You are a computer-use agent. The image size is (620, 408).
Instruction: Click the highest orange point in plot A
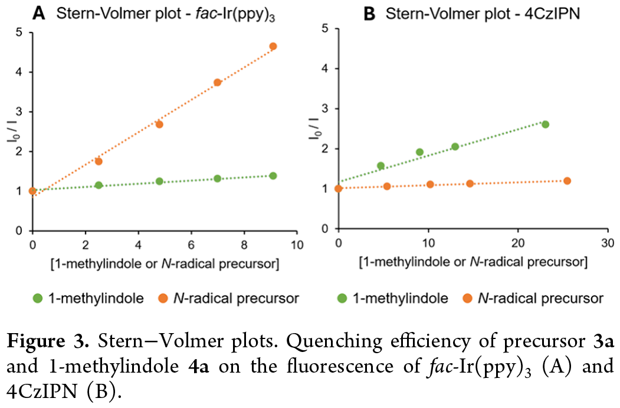point(273,46)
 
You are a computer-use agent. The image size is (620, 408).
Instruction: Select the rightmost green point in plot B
point(545,124)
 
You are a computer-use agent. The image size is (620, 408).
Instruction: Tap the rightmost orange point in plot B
point(567,180)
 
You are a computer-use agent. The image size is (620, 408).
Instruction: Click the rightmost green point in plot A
point(273,176)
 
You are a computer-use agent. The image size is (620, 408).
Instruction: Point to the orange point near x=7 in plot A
point(217,83)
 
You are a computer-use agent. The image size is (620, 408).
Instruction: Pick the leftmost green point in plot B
point(380,166)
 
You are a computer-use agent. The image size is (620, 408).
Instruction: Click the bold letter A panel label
point(40,13)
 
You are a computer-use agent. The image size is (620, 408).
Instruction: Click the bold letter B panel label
point(369,13)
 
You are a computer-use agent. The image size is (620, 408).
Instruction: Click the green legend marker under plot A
point(37,298)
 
